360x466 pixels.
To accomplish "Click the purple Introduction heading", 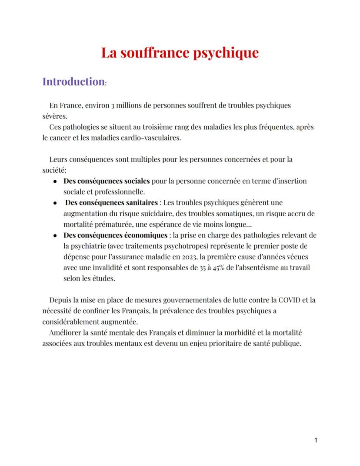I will [x=73, y=82].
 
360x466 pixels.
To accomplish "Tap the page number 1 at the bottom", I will [x=316, y=441].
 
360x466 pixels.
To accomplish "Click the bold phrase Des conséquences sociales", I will [x=107, y=181].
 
